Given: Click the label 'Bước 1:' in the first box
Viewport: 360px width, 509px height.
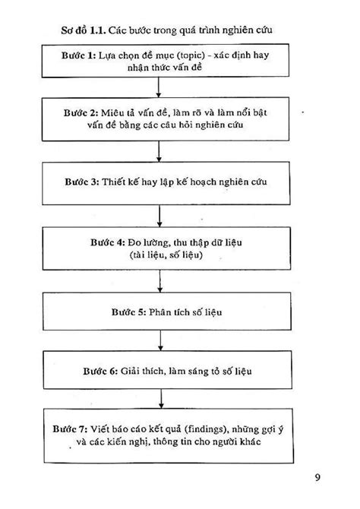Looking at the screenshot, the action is pos(78,55).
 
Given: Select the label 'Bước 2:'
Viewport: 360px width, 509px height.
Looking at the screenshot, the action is pos(81,112).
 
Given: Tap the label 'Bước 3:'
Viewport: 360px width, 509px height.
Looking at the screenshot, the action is pos(82,182).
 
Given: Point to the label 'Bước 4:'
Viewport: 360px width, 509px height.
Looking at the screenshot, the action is pos(107,242).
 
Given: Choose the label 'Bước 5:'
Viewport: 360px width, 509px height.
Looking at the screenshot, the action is pos(129,312).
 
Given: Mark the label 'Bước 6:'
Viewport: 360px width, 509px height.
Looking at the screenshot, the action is pos(100,371).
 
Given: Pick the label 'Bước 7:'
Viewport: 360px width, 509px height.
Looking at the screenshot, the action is pos(70,429).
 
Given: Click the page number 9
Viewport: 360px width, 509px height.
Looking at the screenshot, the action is pos(317,477).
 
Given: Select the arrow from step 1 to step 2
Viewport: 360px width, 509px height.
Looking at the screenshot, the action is pos(159,87).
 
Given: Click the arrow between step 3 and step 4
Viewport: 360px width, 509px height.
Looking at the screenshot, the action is pos(159,216).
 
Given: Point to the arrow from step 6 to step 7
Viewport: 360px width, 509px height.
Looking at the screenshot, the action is pos(161,399).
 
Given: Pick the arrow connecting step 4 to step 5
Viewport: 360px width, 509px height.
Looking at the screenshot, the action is pos(160,281).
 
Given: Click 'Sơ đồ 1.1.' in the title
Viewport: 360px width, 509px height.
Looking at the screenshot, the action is pos(84,30).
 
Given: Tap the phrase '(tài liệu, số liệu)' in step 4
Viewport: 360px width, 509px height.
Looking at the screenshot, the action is pos(166,255).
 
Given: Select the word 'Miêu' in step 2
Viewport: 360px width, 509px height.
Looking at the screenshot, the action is pos(112,112).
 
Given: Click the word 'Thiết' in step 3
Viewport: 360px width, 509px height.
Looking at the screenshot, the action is pos(114,182).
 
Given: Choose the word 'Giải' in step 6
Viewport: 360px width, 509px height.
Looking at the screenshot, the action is pos(130,371).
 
